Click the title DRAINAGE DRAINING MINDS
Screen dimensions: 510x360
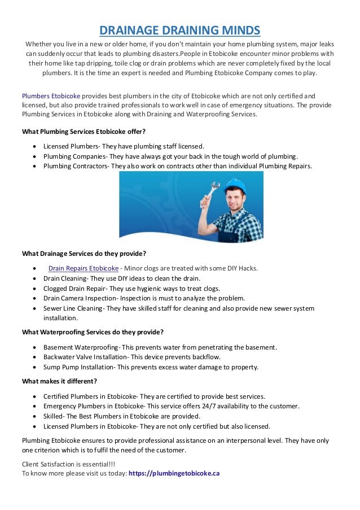[x=179, y=29]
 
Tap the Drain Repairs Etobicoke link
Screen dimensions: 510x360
[x=84, y=268]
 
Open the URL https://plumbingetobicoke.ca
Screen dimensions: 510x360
[x=174, y=473]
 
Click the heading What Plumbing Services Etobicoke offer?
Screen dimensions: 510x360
[x=84, y=132]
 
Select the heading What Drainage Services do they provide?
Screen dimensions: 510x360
[x=84, y=252]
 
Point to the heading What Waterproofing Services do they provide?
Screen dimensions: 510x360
[x=93, y=332]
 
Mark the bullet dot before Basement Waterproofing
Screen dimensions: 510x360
[x=36, y=347]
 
